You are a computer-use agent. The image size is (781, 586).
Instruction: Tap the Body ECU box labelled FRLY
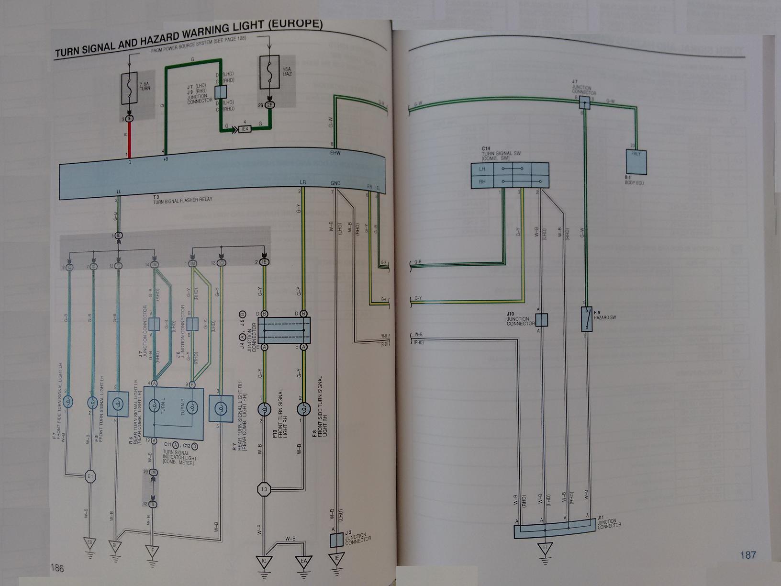click(636, 161)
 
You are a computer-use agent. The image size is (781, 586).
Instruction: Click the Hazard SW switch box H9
click(586, 319)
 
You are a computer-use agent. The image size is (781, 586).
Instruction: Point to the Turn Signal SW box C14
click(510, 175)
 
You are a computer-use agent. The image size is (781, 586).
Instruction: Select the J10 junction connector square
click(541, 319)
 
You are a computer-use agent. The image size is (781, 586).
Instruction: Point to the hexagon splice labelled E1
click(90, 476)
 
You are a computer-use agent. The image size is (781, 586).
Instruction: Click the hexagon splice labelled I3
click(264, 489)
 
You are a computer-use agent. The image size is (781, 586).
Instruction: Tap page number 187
click(748, 555)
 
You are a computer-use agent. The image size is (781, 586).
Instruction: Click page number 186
click(57, 568)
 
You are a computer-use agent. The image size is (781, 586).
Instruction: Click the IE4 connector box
click(244, 129)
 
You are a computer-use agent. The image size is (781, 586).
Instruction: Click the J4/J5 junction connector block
click(284, 330)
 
